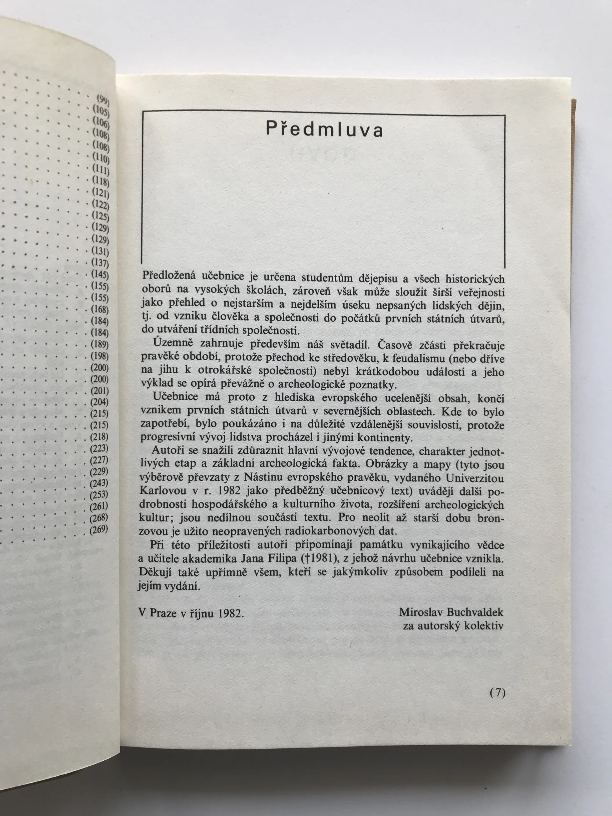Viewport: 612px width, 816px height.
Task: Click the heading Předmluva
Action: pos(324,130)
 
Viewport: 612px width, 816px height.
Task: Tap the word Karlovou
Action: pos(160,492)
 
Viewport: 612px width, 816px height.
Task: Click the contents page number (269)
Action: pos(99,530)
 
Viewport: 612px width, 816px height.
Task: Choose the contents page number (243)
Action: pos(99,483)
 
